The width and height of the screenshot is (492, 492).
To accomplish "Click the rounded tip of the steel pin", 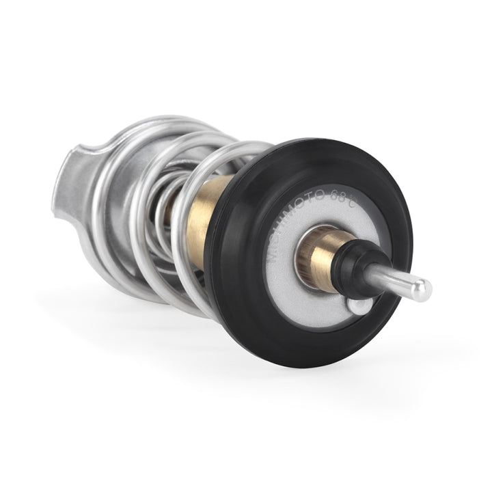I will [x=423, y=290].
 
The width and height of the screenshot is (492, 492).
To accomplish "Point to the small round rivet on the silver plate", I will [x=358, y=305].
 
